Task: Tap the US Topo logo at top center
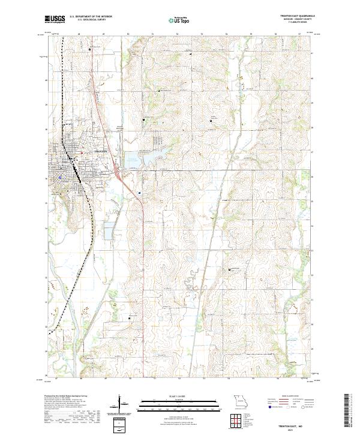coord(180,20)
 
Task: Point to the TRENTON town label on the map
coord(100,151)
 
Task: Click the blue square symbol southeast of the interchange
coord(139,193)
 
